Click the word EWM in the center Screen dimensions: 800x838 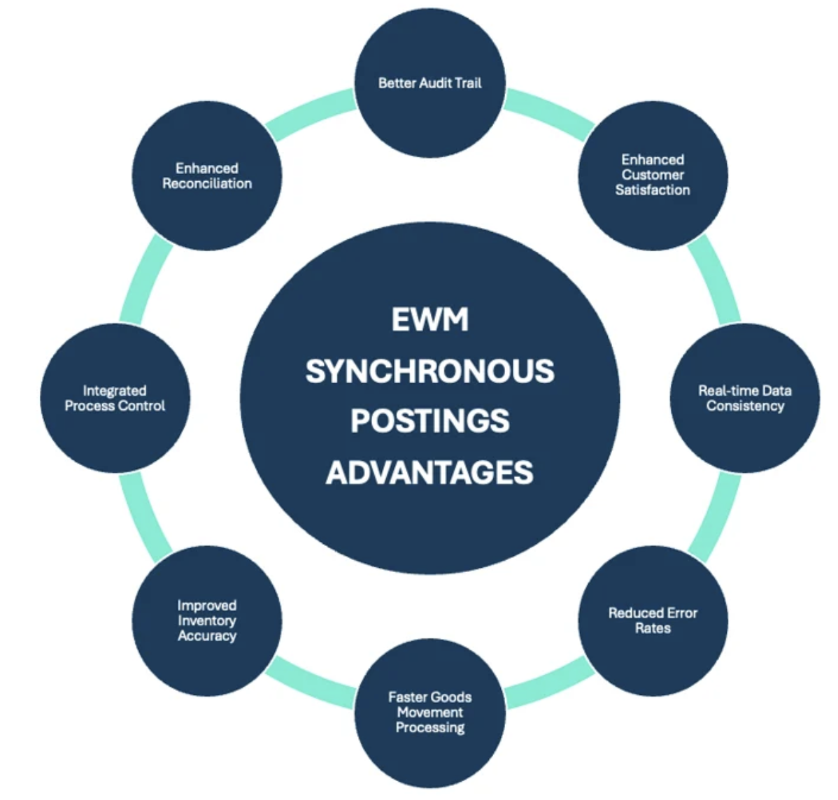tap(429, 320)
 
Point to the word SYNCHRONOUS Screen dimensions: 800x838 tap(429, 371)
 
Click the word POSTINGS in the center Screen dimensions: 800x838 tap(429, 421)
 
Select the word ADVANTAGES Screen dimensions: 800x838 tap(429, 473)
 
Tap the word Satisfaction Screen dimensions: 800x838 tap(653, 190)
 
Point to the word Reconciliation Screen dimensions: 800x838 tap(207, 183)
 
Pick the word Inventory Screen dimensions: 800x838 tap(207, 620)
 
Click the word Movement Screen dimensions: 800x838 tap(430, 712)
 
